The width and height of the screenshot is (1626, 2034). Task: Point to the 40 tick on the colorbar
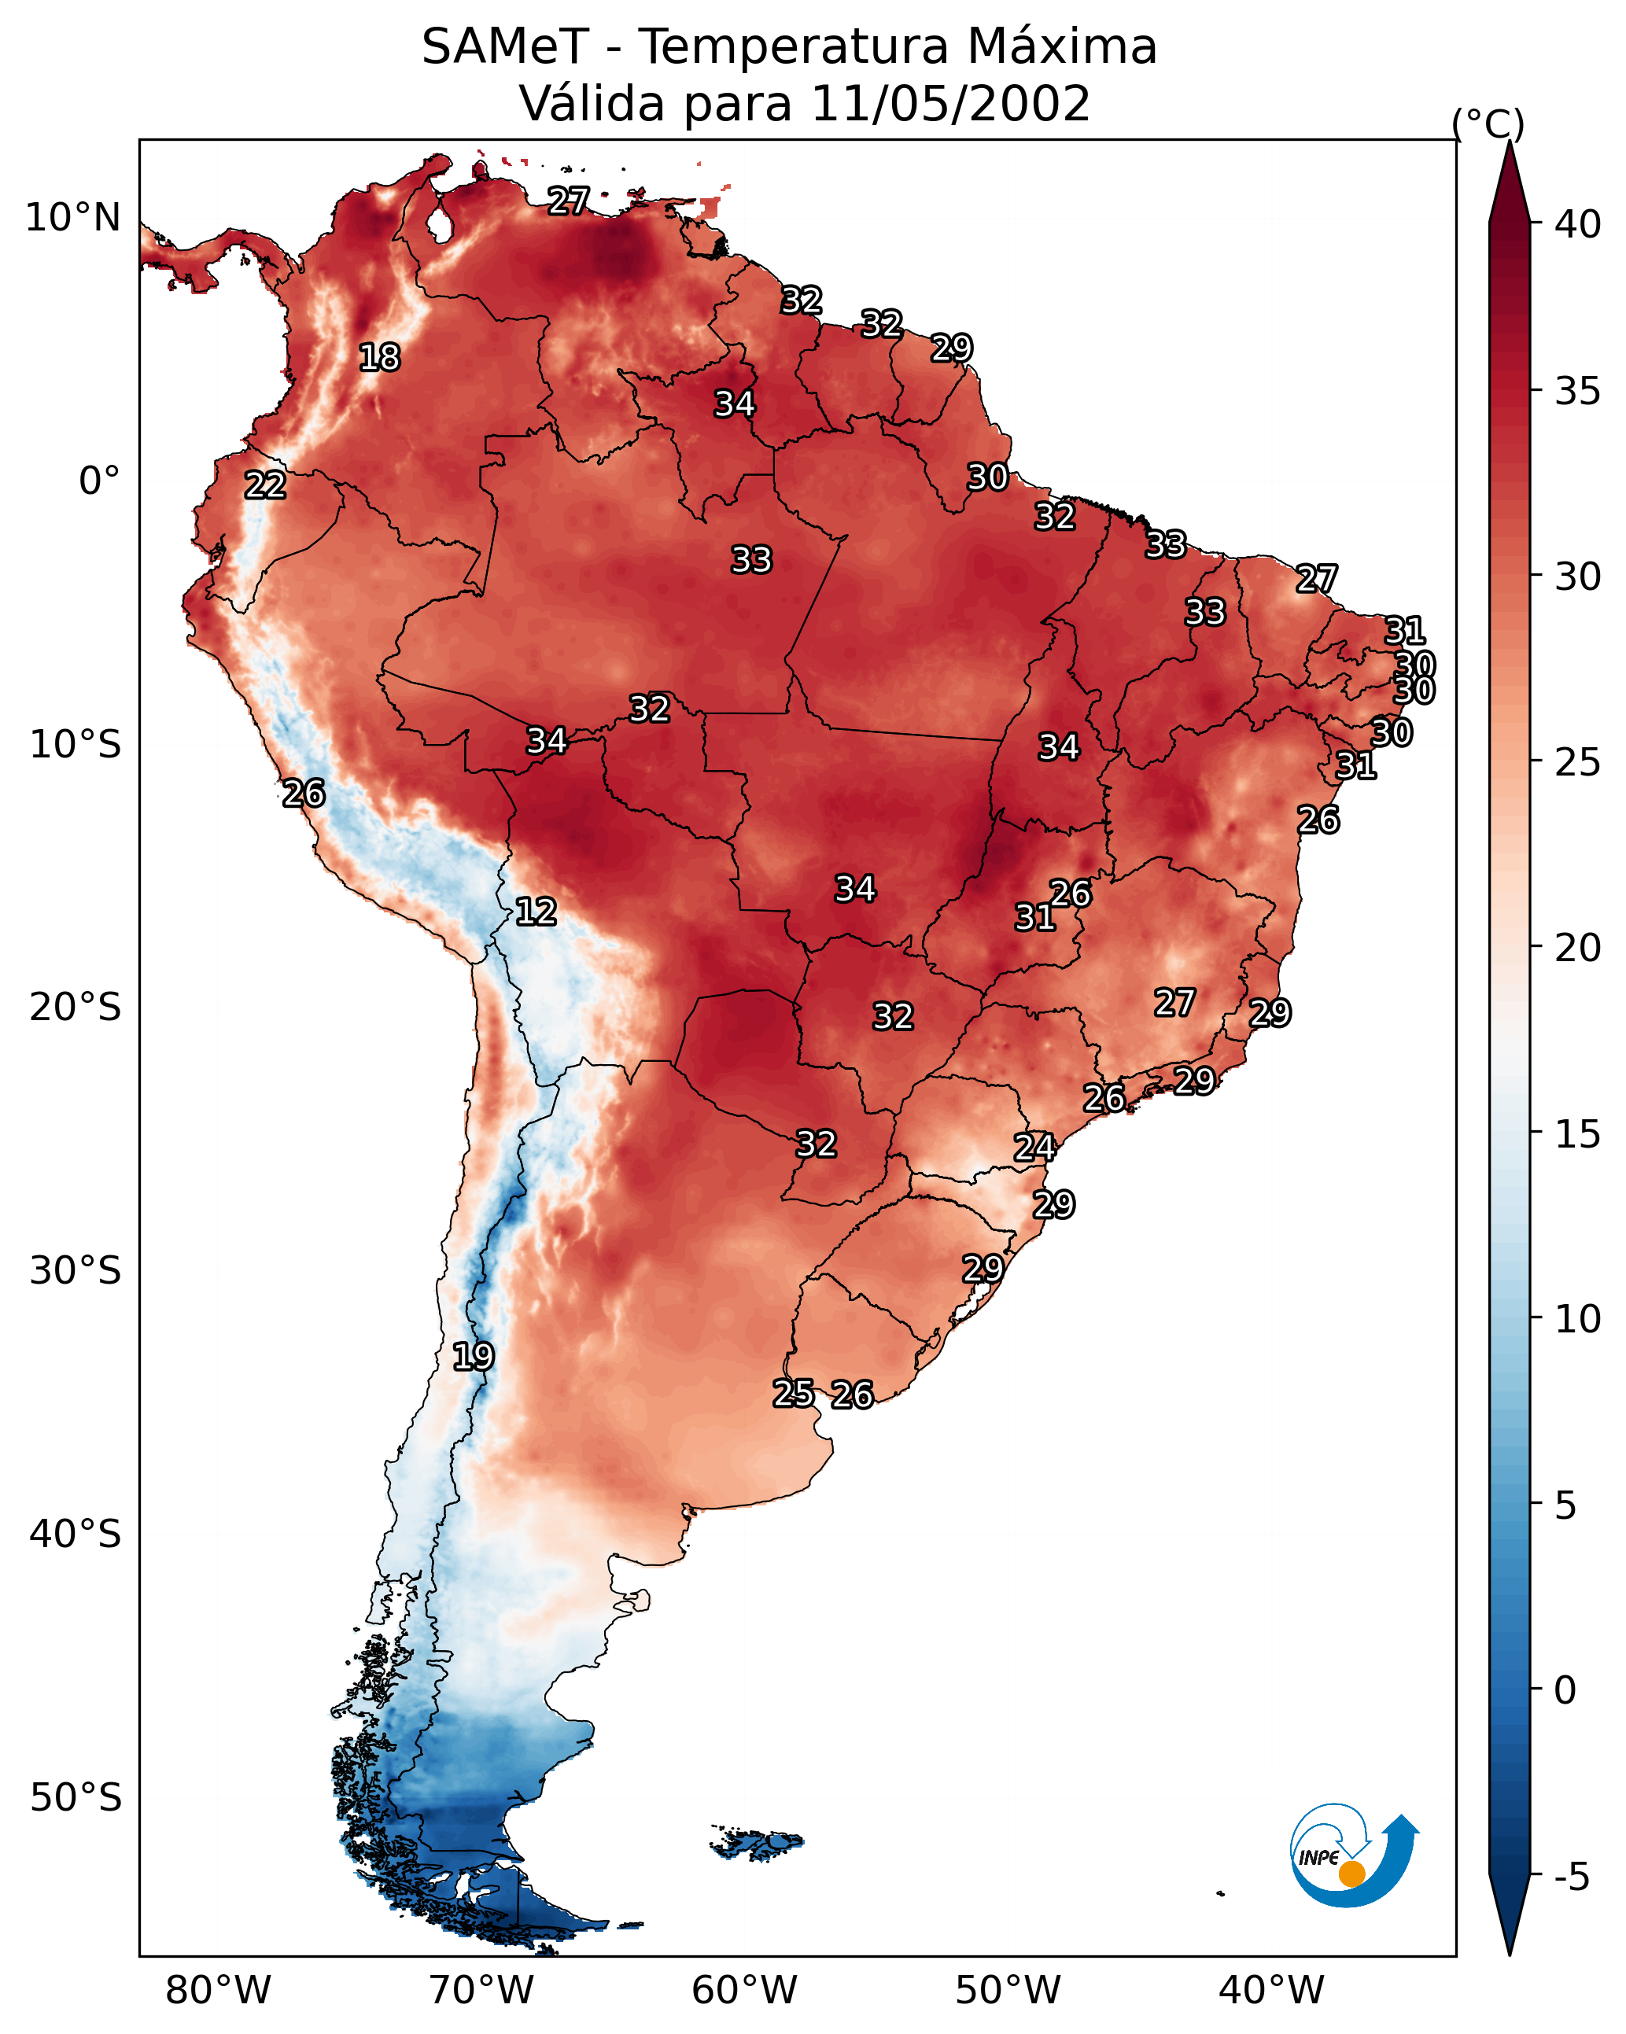pos(1578,224)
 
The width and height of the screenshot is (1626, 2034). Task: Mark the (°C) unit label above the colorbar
pos(1488,123)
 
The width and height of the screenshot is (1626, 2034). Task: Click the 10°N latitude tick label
pos(72,218)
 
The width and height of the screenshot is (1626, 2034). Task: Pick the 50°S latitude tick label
pos(76,1798)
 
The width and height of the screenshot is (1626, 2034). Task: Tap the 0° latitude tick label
pos(100,481)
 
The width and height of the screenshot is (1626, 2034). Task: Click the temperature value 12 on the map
pos(536,912)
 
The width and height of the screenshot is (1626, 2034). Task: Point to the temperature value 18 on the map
pos(379,358)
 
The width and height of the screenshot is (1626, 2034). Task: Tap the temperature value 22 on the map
pos(265,486)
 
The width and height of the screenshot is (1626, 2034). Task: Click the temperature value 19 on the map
pos(473,1357)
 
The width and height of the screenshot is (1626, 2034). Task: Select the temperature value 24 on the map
pos(1034,1148)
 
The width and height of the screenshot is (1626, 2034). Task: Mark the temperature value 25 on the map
pos(794,1394)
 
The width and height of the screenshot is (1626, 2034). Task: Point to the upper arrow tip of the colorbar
pos(1509,142)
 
